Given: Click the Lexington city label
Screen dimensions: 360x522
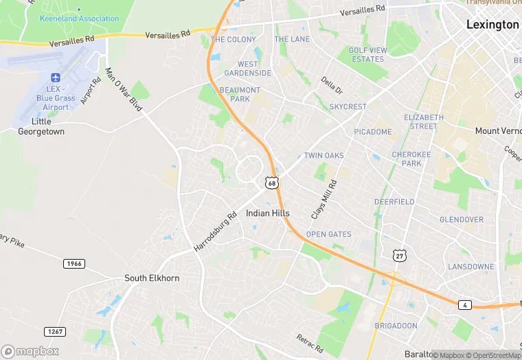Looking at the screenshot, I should pyautogui.click(x=492, y=25).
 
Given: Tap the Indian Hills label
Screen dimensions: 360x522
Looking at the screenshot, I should pyautogui.click(x=268, y=214).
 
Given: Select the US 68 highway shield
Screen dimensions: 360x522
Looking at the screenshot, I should pyautogui.click(x=273, y=183).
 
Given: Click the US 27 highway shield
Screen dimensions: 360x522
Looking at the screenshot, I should pyautogui.click(x=399, y=256).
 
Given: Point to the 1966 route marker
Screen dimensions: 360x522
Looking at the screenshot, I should pyautogui.click(x=73, y=264).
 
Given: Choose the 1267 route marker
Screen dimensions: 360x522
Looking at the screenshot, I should pyautogui.click(x=55, y=332).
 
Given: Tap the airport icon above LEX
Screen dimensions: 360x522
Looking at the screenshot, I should pyautogui.click(x=56, y=78).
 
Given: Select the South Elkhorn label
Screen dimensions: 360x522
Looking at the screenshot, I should pyautogui.click(x=151, y=278).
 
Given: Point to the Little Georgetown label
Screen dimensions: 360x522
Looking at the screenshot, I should pyautogui.click(x=41, y=126).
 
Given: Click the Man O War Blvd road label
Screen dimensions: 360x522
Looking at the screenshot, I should pyautogui.click(x=124, y=90).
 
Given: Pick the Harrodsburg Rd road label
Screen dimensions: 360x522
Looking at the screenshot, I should pyautogui.click(x=215, y=231).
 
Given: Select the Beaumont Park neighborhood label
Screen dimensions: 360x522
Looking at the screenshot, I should pyautogui.click(x=240, y=94).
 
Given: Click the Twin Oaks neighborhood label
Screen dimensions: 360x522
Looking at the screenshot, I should pyautogui.click(x=324, y=156).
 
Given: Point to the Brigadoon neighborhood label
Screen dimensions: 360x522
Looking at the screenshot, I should pyautogui.click(x=396, y=325).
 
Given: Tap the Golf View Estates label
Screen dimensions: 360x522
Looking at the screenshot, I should pyautogui.click(x=367, y=55).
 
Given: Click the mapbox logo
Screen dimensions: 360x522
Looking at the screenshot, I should pyautogui.click(x=31, y=350).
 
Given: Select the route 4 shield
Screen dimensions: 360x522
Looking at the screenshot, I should pyautogui.click(x=466, y=304).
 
